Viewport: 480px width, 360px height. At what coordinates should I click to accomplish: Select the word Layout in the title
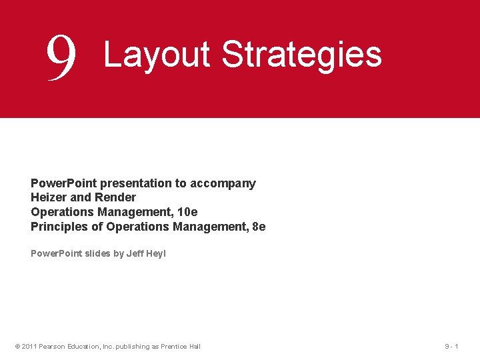point(157,55)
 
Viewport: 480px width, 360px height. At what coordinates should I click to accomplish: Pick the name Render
point(116,197)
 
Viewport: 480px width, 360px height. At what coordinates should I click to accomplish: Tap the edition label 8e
point(257,227)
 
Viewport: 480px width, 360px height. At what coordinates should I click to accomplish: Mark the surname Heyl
point(156,253)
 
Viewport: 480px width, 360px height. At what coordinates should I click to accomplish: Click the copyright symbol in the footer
point(17,346)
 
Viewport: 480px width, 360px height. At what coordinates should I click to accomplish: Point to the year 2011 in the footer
point(29,346)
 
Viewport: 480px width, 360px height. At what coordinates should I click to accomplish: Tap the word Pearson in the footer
point(52,346)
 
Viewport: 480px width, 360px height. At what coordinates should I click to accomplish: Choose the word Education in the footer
point(83,346)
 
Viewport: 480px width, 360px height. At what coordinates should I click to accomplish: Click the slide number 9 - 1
point(451,346)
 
